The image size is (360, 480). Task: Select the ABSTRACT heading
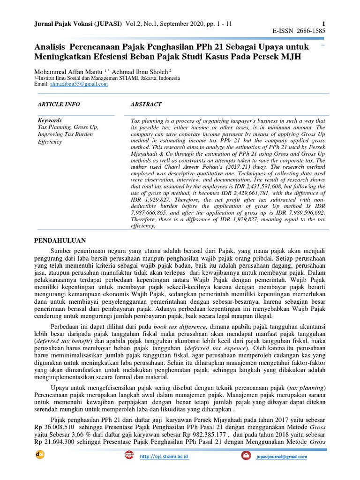pos(146,104)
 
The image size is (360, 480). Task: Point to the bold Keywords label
pos(49,120)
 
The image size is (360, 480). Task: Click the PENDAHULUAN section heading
pos(61,240)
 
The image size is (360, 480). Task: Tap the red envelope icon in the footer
pos(246,456)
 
